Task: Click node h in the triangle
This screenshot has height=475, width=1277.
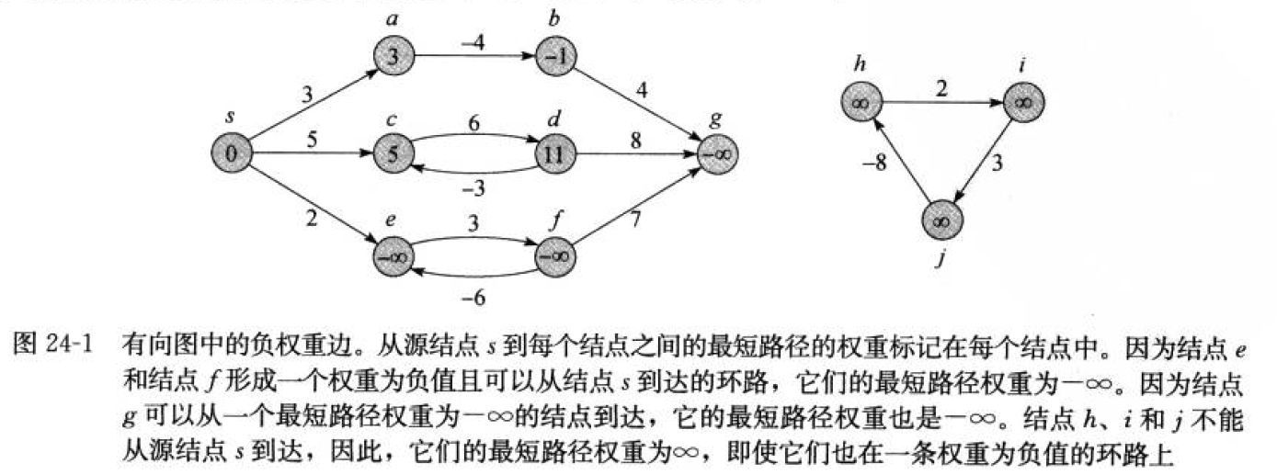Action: (x=861, y=102)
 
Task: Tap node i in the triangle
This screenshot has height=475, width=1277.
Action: (x=1022, y=102)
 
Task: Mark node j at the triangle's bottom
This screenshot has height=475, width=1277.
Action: (x=941, y=220)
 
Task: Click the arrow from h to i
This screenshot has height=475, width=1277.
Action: (x=941, y=102)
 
